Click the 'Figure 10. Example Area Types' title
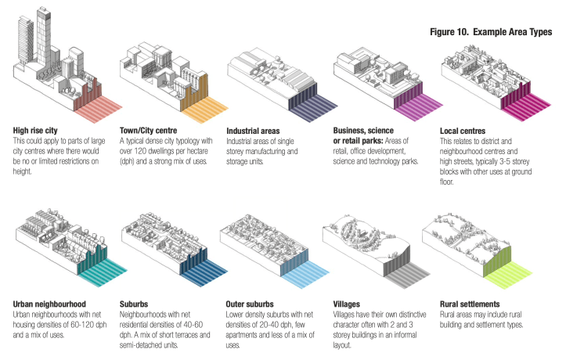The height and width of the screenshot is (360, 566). coord(491,32)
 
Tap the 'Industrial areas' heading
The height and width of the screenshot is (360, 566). coord(255,130)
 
